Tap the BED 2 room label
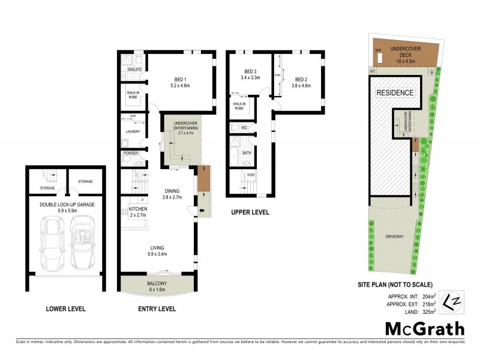[301, 79]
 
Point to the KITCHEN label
[137, 209]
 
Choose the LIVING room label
[158, 247]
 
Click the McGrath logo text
[424, 328]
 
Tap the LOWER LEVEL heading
[66, 309]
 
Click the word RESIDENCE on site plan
[394, 92]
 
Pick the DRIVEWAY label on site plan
[395, 236]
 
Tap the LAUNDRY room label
[133, 131]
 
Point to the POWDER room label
[131, 154]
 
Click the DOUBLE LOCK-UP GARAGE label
[67, 204]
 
